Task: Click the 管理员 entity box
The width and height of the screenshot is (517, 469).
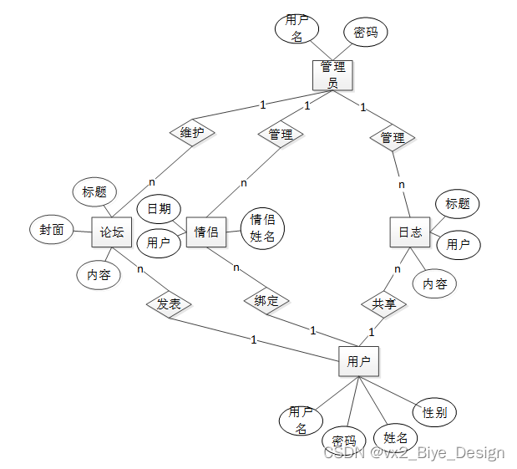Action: point(332,74)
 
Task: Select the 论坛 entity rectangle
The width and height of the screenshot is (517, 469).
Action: point(112,232)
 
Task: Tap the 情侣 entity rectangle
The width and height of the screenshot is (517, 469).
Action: point(206,232)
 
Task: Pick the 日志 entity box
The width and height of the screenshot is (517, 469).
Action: point(409,232)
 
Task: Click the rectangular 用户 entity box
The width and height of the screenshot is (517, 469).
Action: point(358,361)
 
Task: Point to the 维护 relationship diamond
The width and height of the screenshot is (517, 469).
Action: point(192,132)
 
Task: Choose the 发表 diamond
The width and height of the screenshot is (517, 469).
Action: point(169,303)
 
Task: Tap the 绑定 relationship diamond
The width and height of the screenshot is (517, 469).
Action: point(266,301)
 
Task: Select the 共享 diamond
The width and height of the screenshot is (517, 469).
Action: point(384,303)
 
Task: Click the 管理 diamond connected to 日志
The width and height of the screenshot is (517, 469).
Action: point(393,137)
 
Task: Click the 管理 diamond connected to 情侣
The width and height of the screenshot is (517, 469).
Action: point(281,134)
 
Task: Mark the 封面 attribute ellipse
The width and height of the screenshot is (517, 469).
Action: point(52,230)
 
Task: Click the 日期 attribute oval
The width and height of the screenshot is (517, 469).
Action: point(159,208)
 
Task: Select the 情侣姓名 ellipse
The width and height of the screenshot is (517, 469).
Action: point(262,228)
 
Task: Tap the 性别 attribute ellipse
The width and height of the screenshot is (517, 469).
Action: point(434,411)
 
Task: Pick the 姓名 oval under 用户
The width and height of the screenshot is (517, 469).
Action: point(395,436)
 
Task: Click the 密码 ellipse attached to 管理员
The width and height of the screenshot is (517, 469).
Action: point(365,32)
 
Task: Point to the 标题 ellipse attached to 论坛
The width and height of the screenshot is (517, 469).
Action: point(94,191)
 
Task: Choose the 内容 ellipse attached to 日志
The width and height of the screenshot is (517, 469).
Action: point(434,283)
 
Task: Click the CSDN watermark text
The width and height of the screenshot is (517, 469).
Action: point(414,452)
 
